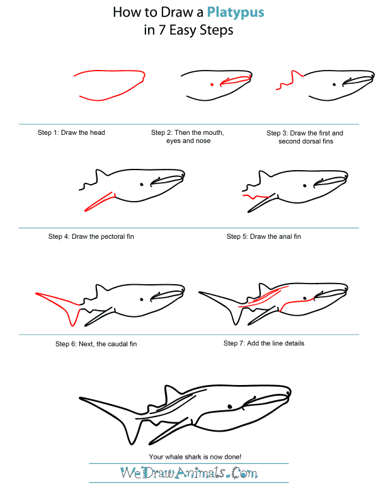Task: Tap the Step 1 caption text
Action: [x=71, y=133]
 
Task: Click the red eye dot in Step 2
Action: [x=212, y=84]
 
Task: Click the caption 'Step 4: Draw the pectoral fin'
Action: [x=91, y=237]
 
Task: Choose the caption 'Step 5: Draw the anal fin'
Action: [x=263, y=237]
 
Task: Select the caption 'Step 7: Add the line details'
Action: [x=264, y=343]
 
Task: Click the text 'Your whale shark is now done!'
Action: [x=190, y=456]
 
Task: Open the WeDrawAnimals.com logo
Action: [x=189, y=473]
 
